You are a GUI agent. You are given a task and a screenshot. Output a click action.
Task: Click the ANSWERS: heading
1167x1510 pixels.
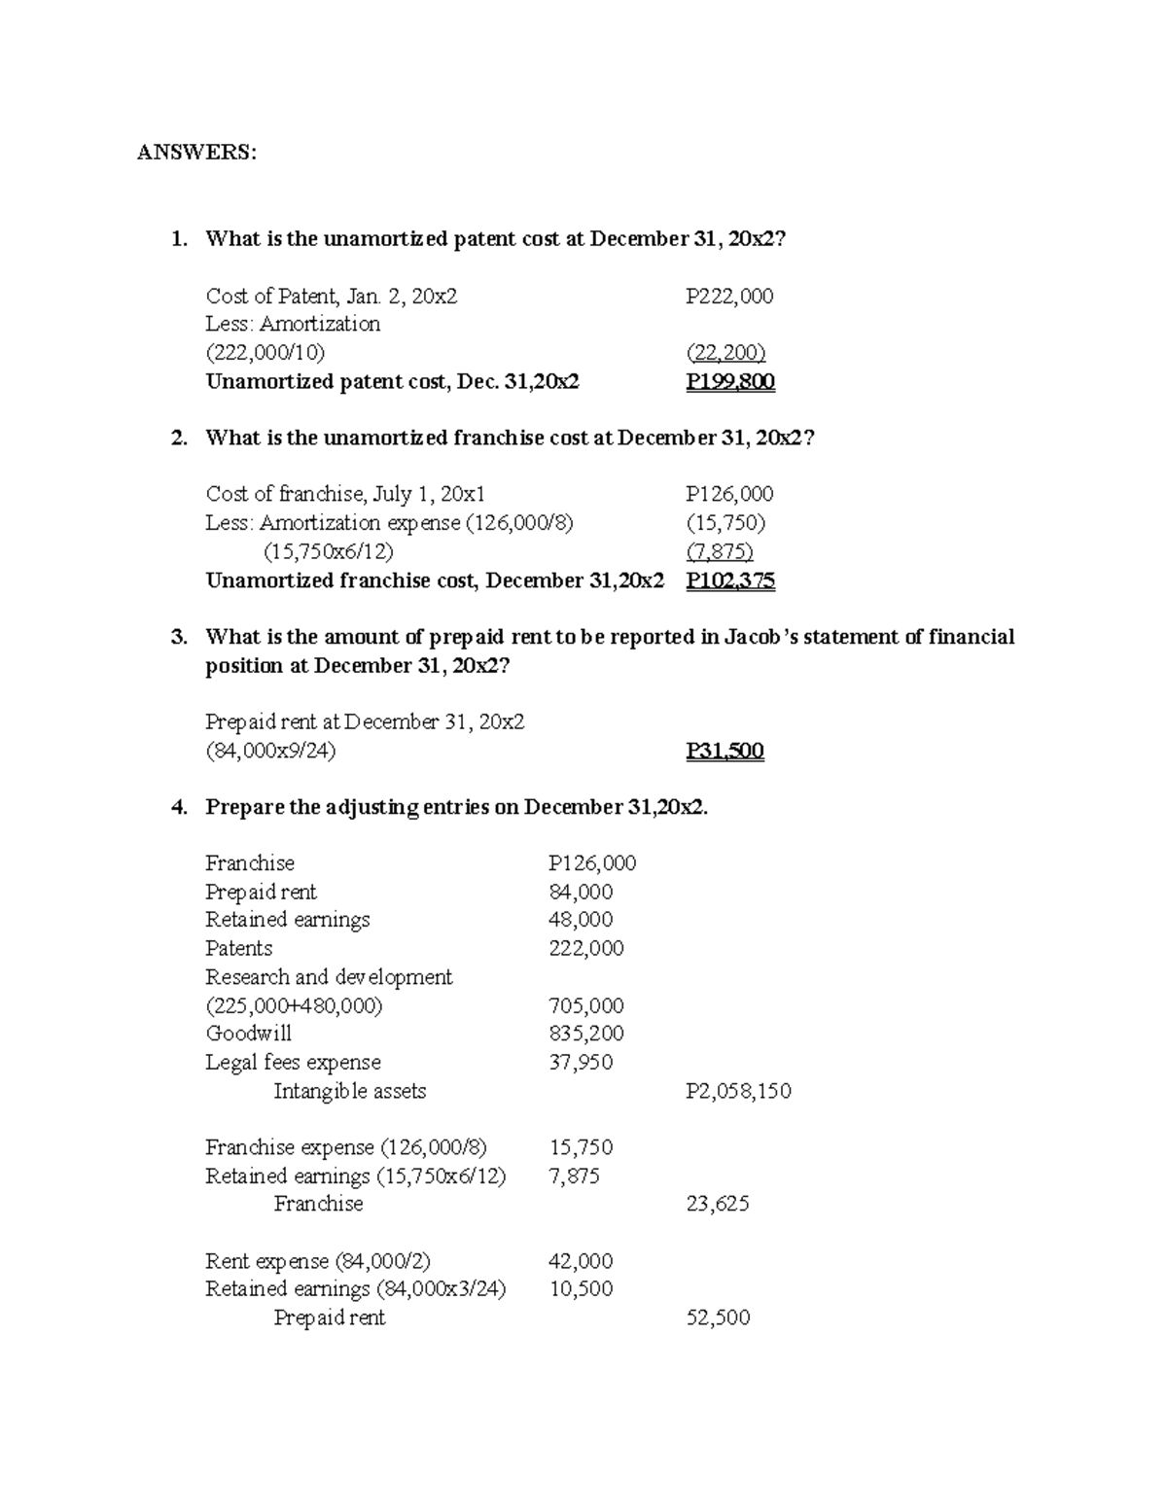pyautogui.click(x=196, y=153)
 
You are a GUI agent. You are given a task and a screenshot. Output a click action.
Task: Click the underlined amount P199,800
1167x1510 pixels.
pyautogui.click(x=729, y=381)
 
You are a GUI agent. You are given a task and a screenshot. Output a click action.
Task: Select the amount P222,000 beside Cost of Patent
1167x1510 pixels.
pyautogui.click(x=729, y=296)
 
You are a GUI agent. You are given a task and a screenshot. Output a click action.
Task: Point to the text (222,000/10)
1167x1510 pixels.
pyautogui.click(x=265, y=352)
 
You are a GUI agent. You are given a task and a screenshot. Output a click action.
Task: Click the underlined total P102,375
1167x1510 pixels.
pyautogui.click(x=729, y=580)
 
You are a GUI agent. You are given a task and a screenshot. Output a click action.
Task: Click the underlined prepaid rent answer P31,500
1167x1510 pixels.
pyautogui.click(x=725, y=751)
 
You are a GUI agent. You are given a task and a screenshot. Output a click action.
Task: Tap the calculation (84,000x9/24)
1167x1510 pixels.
pyautogui.click(x=270, y=751)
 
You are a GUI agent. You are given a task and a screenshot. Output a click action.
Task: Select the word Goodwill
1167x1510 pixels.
pyautogui.click(x=248, y=1034)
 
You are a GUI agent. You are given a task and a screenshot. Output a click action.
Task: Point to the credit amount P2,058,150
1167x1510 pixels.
pyautogui.click(x=738, y=1091)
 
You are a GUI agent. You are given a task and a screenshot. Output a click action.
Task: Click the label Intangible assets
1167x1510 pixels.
pyautogui.click(x=349, y=1091)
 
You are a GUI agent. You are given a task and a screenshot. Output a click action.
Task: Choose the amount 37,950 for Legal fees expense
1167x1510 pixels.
pyautogui.click(x=581, y=1062)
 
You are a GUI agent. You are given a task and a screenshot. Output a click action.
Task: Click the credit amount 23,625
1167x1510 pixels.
pyautogui.click(x=718, y=1204)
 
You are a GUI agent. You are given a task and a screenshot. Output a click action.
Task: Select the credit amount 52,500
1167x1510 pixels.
pyautogui.click(x=718, y=1317)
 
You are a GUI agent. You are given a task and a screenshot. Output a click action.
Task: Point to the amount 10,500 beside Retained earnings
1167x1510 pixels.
pyautogui.click(x=581, y=1289)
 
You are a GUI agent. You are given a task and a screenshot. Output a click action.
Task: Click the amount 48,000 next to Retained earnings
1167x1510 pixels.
pyautogui.click(x=581, y=920)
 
